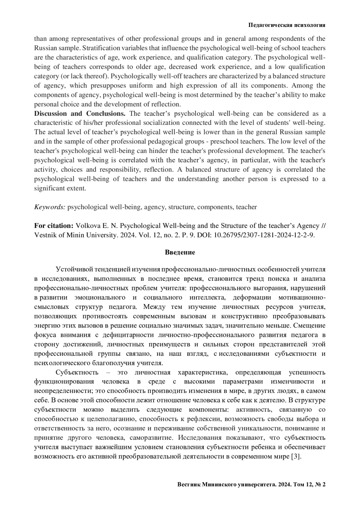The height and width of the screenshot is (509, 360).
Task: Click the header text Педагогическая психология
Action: [287, 25]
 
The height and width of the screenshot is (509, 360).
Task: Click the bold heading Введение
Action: [180, 252]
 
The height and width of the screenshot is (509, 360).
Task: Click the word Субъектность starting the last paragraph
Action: [77, 373]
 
